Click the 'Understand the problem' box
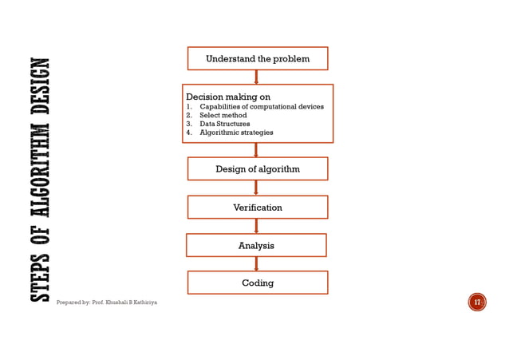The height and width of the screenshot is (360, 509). click(257, 58)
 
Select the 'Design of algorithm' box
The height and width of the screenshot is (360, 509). click(257, 168)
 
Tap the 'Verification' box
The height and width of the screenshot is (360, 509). click(257, 208)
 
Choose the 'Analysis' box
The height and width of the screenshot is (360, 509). click(256, 245)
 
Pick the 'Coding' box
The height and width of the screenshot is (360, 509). click(257, 283)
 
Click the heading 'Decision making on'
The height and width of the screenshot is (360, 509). click(228, 97)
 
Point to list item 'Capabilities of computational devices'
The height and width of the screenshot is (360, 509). click(261, 106)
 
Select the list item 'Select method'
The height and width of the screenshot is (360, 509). click(223, 115)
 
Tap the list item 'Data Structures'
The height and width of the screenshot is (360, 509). click(224, 124)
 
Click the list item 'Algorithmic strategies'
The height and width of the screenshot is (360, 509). click(235, 133)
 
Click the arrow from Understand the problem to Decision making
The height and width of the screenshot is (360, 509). click(256, 77)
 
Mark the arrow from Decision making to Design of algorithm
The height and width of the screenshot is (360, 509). click(256, 149)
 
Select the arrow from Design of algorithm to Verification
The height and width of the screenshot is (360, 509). click(256, 188)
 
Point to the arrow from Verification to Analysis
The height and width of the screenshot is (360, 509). click(256, 226)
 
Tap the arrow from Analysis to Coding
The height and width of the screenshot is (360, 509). click(256, 263)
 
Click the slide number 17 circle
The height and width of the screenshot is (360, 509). click(477, 302)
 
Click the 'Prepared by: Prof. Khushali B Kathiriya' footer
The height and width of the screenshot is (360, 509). click(107, 303)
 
